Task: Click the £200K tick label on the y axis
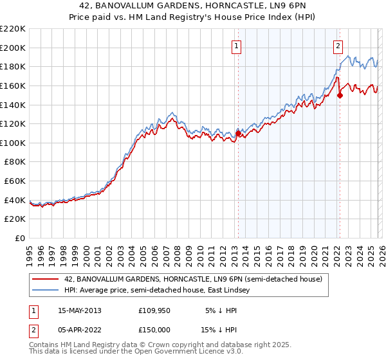(x=13, y=48)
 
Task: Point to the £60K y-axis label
(x=15, y=181)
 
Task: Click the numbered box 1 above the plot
(x=237, y=46)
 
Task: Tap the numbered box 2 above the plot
(x=338, y=46)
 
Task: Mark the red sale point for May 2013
(x=238, y=134)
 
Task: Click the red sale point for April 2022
(x=340, y=95)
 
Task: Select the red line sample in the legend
(x=46, y=280)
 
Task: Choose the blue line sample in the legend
(x=46, y=291)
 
